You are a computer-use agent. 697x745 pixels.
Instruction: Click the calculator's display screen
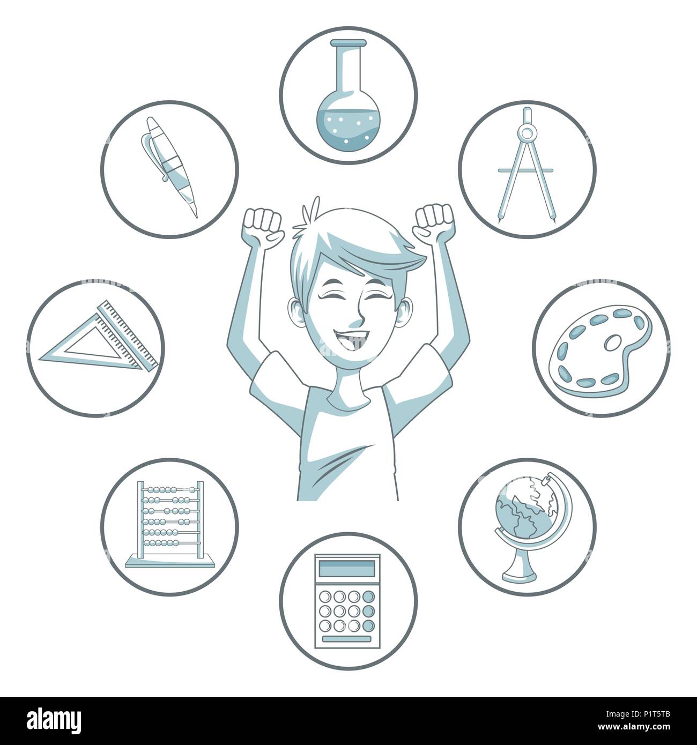[348, 567]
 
